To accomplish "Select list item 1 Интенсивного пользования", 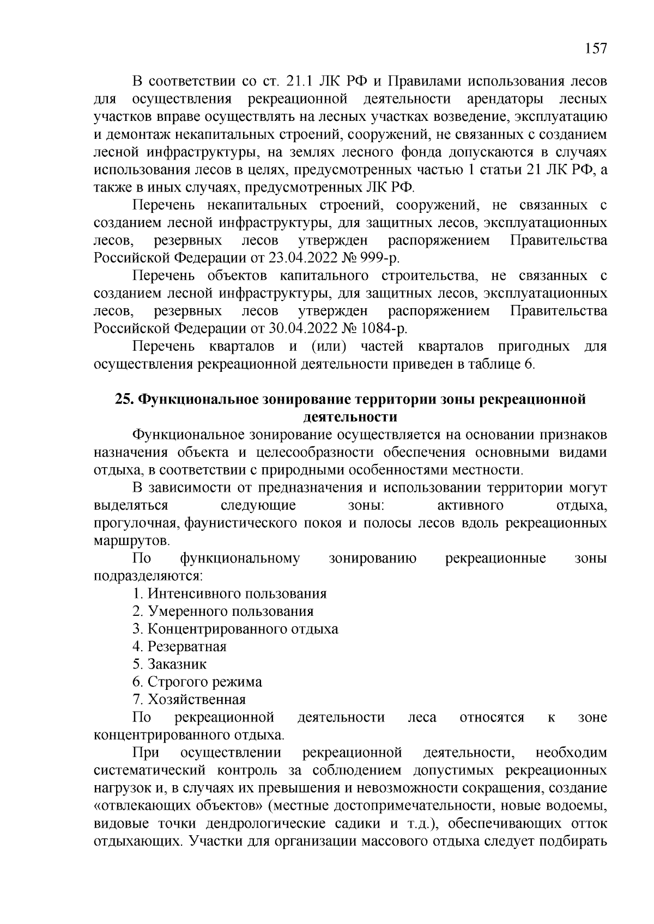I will click(229, 593).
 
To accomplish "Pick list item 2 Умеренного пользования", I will click(223, 611).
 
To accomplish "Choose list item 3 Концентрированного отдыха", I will click(235, 629).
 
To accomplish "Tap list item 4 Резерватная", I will click(179, 646).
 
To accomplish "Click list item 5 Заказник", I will click(169, 664).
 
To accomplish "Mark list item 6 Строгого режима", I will click(197, 682).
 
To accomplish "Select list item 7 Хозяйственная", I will click(189, 699).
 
